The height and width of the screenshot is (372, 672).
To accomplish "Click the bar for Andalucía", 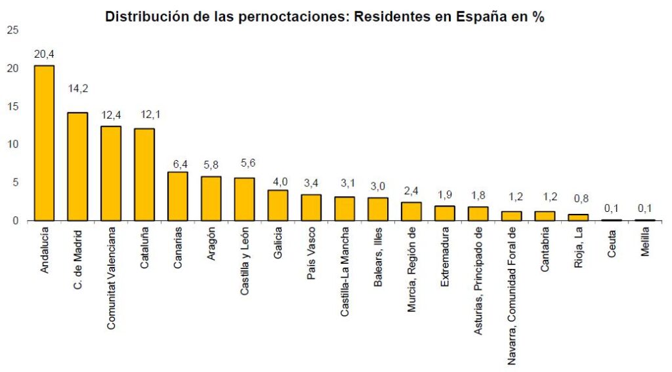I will [44, 143].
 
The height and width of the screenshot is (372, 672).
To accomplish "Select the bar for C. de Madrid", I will [77, 167].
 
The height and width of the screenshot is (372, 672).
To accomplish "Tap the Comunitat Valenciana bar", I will [111, 173].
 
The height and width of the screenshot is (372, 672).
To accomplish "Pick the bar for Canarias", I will [178, 196].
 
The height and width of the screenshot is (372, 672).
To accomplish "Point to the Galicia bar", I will [278, 205].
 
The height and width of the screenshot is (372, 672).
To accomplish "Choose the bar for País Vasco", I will [311, 207].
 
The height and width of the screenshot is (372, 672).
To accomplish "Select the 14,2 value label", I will [78, 88].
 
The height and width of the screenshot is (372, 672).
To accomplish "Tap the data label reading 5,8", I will [211, 163].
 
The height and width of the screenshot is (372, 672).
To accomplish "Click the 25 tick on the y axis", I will [12, 30].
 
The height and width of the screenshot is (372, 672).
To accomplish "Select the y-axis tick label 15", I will [12, 106].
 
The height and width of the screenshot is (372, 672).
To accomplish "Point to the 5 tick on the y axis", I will [15, 182].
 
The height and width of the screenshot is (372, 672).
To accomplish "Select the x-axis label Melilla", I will [646, 243].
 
